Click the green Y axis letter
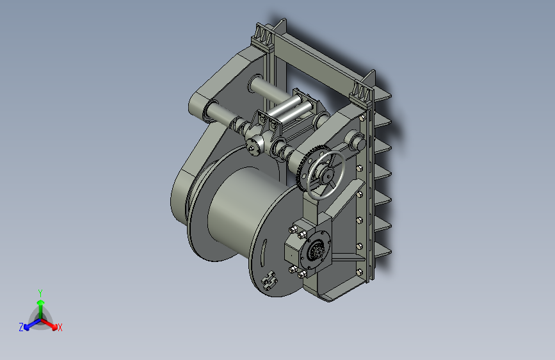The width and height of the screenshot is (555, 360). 40,293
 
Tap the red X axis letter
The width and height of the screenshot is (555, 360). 60,327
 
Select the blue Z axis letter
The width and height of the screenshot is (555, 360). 21,327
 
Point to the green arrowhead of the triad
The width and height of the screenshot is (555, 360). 41,302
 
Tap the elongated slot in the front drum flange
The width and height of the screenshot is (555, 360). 264,252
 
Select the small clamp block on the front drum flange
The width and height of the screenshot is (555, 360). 269,280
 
